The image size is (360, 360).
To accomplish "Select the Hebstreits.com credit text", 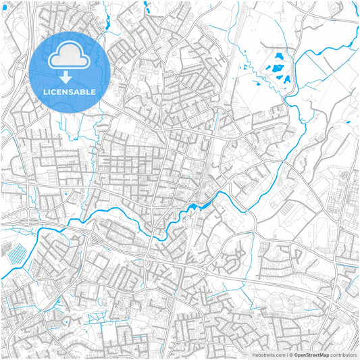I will pyautogui.click(x=269, y=355).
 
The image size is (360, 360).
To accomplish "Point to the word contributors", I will pyautogui.click(x=343, y=355).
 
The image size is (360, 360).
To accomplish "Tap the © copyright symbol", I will pyautogui.click(x=291, y=355).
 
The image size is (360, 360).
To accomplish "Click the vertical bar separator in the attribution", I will pyautogui.click(x=287, y=355).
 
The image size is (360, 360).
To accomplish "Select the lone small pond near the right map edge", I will pyautogui.click(x=346, y=122).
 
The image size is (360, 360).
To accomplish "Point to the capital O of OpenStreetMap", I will pyautogui.click(x=297, y=355).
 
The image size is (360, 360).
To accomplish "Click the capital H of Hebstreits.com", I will pyautogui.click(x=254, y=355).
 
